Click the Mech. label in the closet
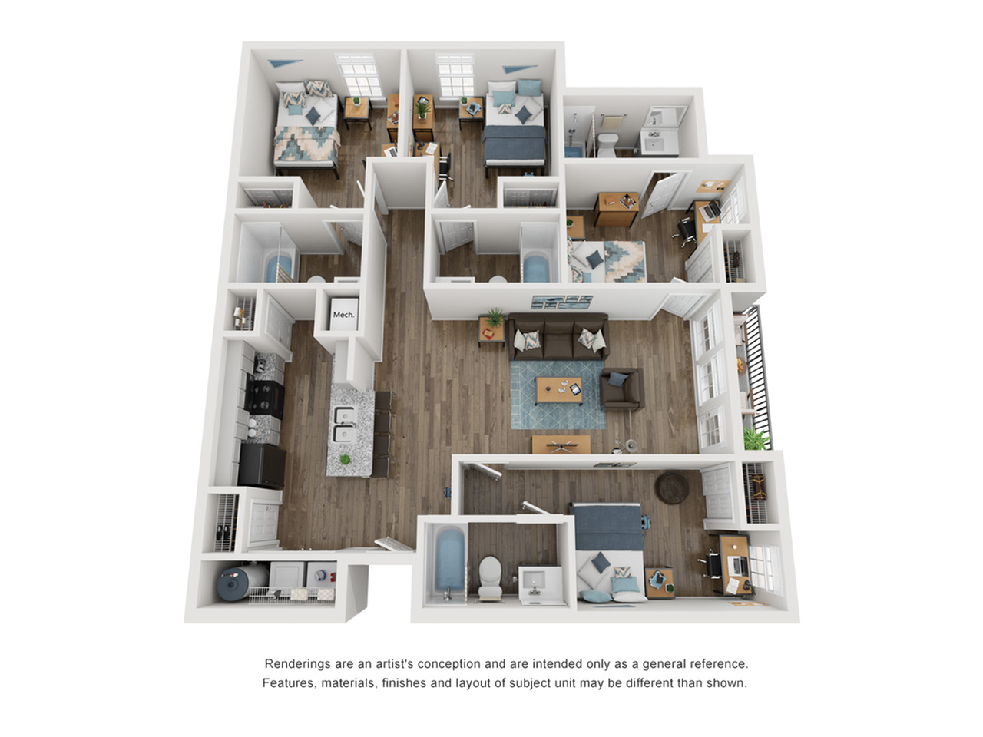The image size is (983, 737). click(x=343, y=315)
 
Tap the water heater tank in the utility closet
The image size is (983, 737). click(x=242, y=583)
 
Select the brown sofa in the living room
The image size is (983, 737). click(x=558, y=336)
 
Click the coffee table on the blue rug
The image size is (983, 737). click(x=559, y=389)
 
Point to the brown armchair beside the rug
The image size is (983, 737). click(x=622, y=389)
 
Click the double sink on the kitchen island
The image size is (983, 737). click(x=344, y=425)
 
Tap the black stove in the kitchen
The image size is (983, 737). click(x=265, y=398)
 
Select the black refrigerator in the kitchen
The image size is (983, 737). click(x=262, y=465)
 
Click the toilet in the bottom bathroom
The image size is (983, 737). click(x=490, y=577)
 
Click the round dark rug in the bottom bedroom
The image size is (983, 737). click(x=672, y=488)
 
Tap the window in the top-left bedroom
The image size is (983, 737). click(x=359, y=76)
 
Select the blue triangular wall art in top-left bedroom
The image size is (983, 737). click(x=284, y=63)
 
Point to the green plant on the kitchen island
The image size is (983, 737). click(x=345, y=459)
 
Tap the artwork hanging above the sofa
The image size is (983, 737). click(x=561, y=302)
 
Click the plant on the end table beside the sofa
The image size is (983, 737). click(x=495, y=317)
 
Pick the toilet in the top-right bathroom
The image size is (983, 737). click(x=607, y=144)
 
